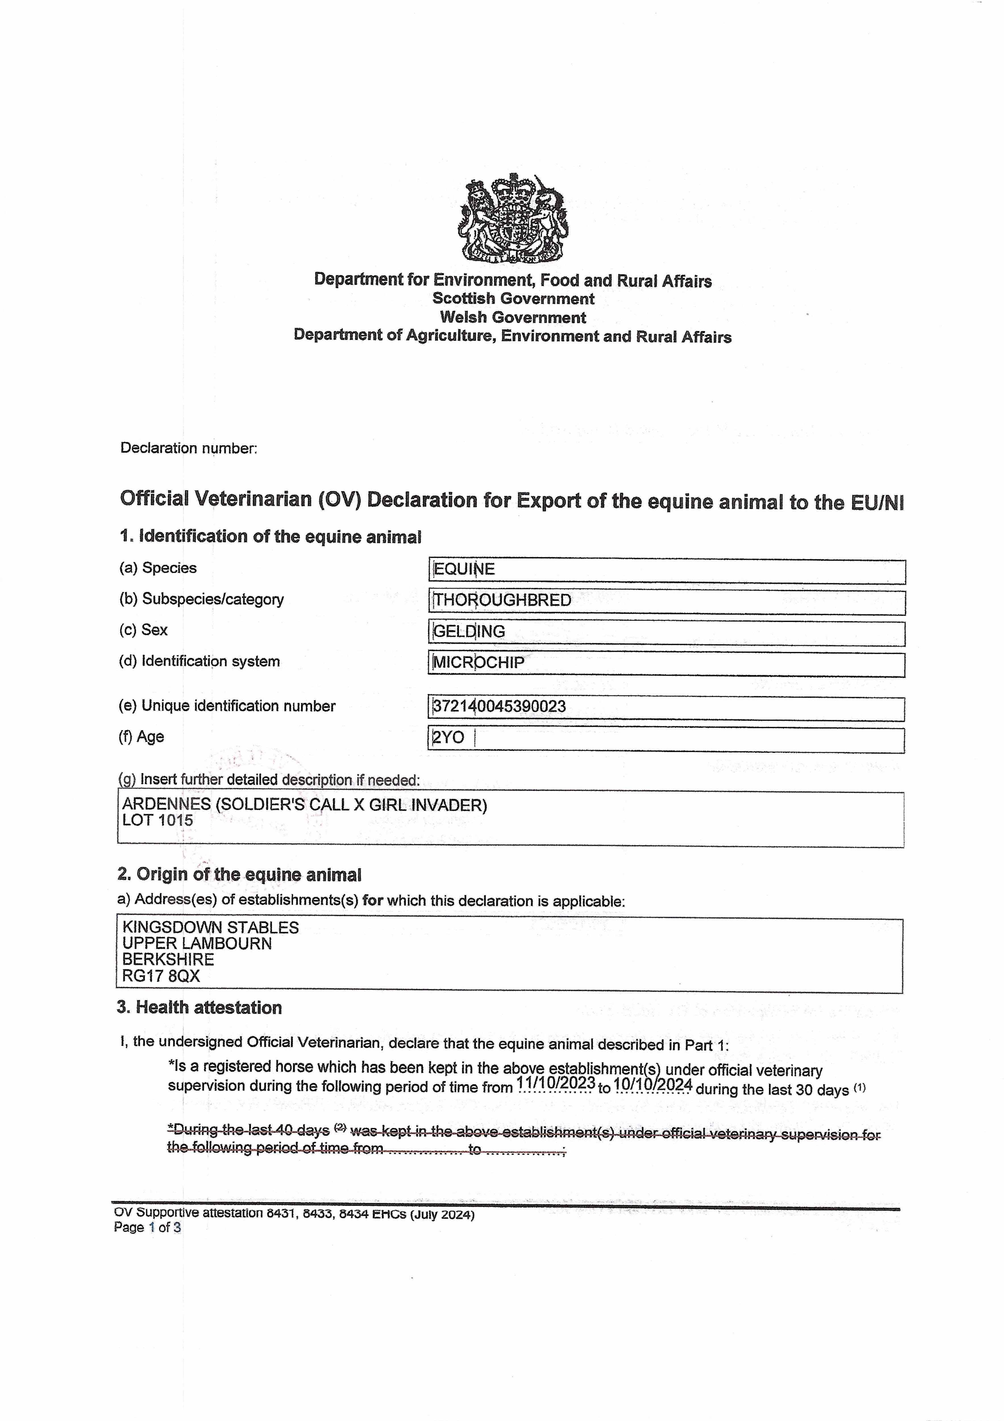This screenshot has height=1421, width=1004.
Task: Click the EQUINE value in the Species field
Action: pyautogui.click(x=464, y=569)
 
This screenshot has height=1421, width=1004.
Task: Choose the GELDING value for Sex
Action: pyautogui.click(x=469, y=631)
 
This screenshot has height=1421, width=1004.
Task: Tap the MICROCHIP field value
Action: pyautogui.click(x=479, y=663)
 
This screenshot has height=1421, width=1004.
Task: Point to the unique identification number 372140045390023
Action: pyautogui.click(x=499, y=707)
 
